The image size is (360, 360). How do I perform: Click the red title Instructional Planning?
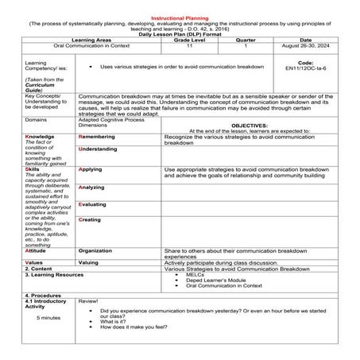180,18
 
